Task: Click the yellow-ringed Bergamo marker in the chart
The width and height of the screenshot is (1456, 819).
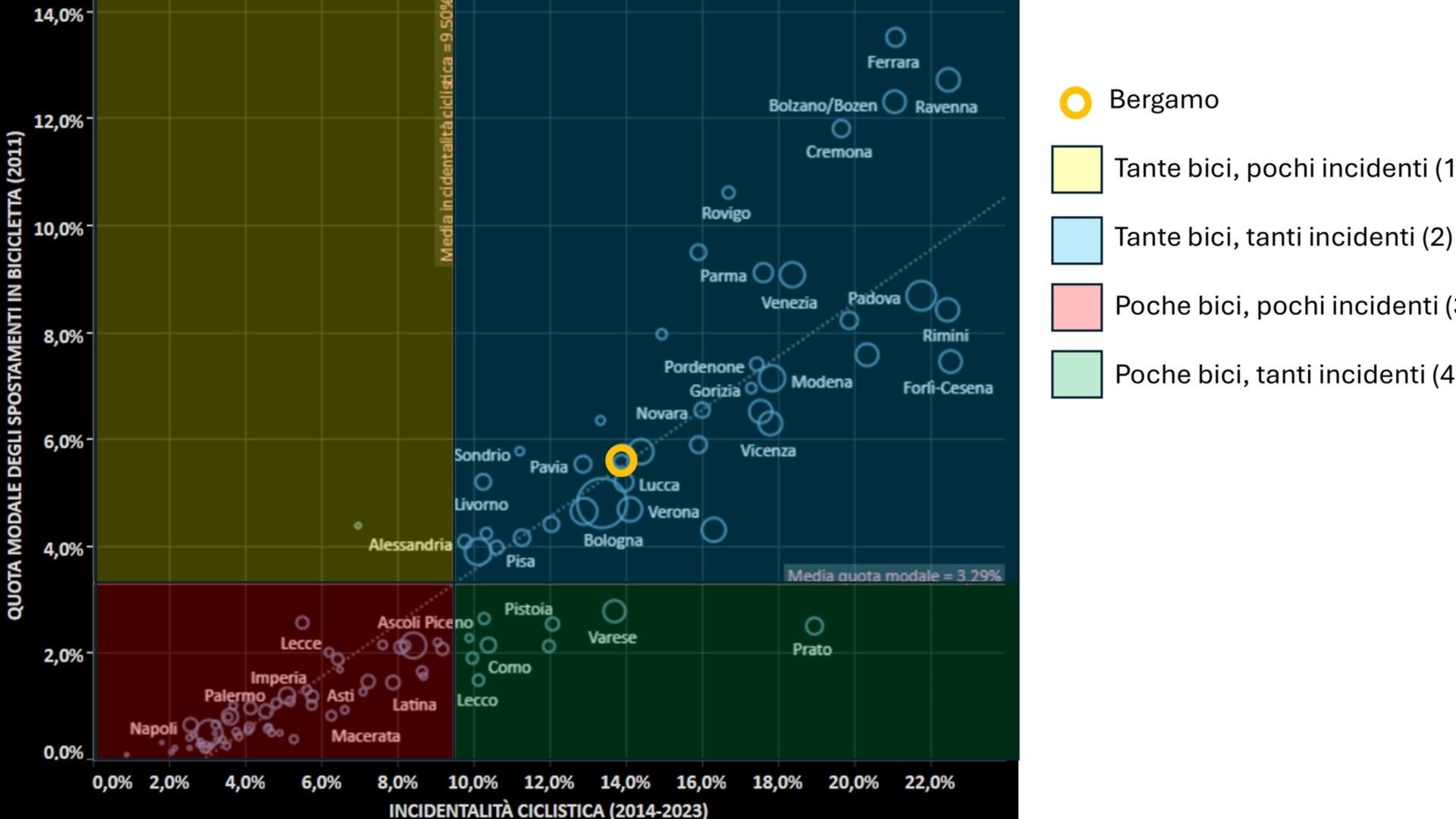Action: [621, 460]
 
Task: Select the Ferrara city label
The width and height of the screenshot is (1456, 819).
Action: [893, 62]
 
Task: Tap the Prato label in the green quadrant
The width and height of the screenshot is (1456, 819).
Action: [811, 649]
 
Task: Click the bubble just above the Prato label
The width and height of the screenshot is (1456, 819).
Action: [814, 626]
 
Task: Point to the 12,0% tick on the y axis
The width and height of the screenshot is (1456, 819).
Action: [58, 121]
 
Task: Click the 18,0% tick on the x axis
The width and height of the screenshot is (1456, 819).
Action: [777, 783]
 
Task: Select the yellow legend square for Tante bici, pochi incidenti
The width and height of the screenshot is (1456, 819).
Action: [1076, 169]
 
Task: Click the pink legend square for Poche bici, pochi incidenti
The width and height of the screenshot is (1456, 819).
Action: [1076, 307]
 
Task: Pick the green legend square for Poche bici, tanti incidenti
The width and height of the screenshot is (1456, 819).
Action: [1076, 375]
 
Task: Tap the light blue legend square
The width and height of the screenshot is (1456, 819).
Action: [1076, 240]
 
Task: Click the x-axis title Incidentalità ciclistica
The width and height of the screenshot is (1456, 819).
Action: [548, 809]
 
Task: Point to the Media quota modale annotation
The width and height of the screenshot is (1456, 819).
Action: [893, 575]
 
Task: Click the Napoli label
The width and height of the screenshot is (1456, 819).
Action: [153, 729]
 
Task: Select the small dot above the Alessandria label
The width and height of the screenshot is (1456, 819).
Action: [358, 526]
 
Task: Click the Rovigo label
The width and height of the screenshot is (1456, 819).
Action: [726, 213]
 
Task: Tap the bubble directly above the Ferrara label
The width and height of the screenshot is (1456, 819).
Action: [896, 37]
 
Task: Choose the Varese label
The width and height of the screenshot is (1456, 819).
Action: [612, 638]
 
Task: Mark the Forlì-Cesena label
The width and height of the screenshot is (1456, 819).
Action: [947, 388]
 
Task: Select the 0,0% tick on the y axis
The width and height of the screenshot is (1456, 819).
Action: [63, 753]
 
